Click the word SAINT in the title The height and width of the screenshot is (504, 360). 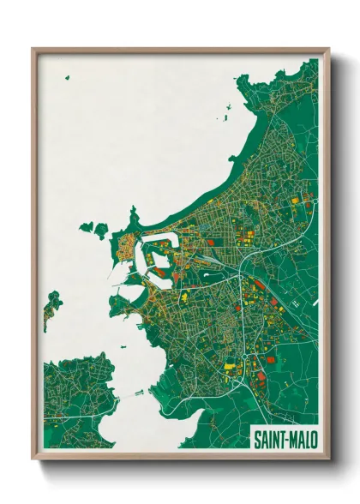[x=270, y=440]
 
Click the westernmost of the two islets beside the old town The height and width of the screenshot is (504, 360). [x=86, y=228]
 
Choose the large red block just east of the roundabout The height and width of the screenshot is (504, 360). [x=260, y=360]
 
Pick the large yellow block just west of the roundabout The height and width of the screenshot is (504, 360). [x=229, y=368]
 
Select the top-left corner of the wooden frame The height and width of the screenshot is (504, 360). [x=33, y=50]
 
